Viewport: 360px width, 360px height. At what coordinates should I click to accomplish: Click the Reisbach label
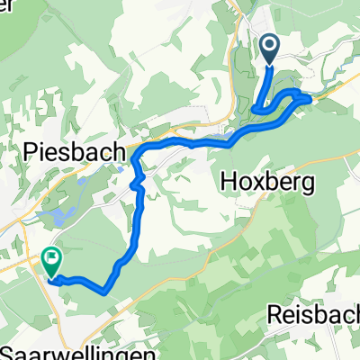click(313, 315)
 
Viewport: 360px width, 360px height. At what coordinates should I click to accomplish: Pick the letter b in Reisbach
click(315, 315)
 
